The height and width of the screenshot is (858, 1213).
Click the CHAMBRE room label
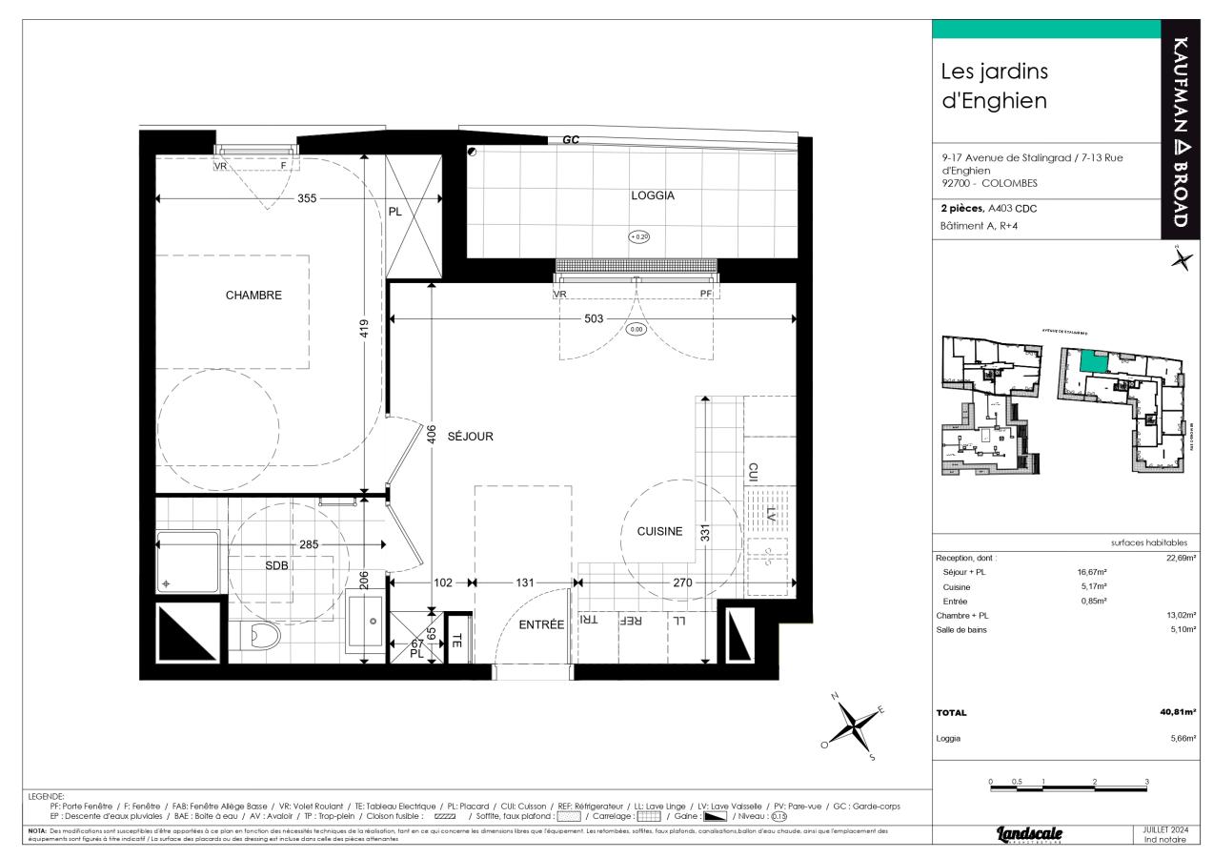[x=253, y=296]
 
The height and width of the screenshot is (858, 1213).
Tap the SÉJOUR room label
[x=470, y=437]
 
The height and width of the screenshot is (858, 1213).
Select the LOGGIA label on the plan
[x=653, y=195]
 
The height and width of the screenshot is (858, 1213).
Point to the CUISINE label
[x=653, y=532]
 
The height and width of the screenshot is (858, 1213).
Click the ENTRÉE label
[x=541, y=624]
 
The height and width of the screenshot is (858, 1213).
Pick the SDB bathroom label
[x=276, y=565]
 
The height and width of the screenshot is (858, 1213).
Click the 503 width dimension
[x=594, y=319]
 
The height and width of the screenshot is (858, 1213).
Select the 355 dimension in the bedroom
[x=306, y=199]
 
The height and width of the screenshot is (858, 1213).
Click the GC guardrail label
[x=571, y=140]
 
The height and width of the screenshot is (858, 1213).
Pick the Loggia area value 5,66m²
[x=1182, y=738]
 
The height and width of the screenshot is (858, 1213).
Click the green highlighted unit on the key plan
[x=1094, y=361]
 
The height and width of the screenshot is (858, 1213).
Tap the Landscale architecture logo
[x=1029, y=834]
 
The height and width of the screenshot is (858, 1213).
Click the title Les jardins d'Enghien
[x=994, y=86]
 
